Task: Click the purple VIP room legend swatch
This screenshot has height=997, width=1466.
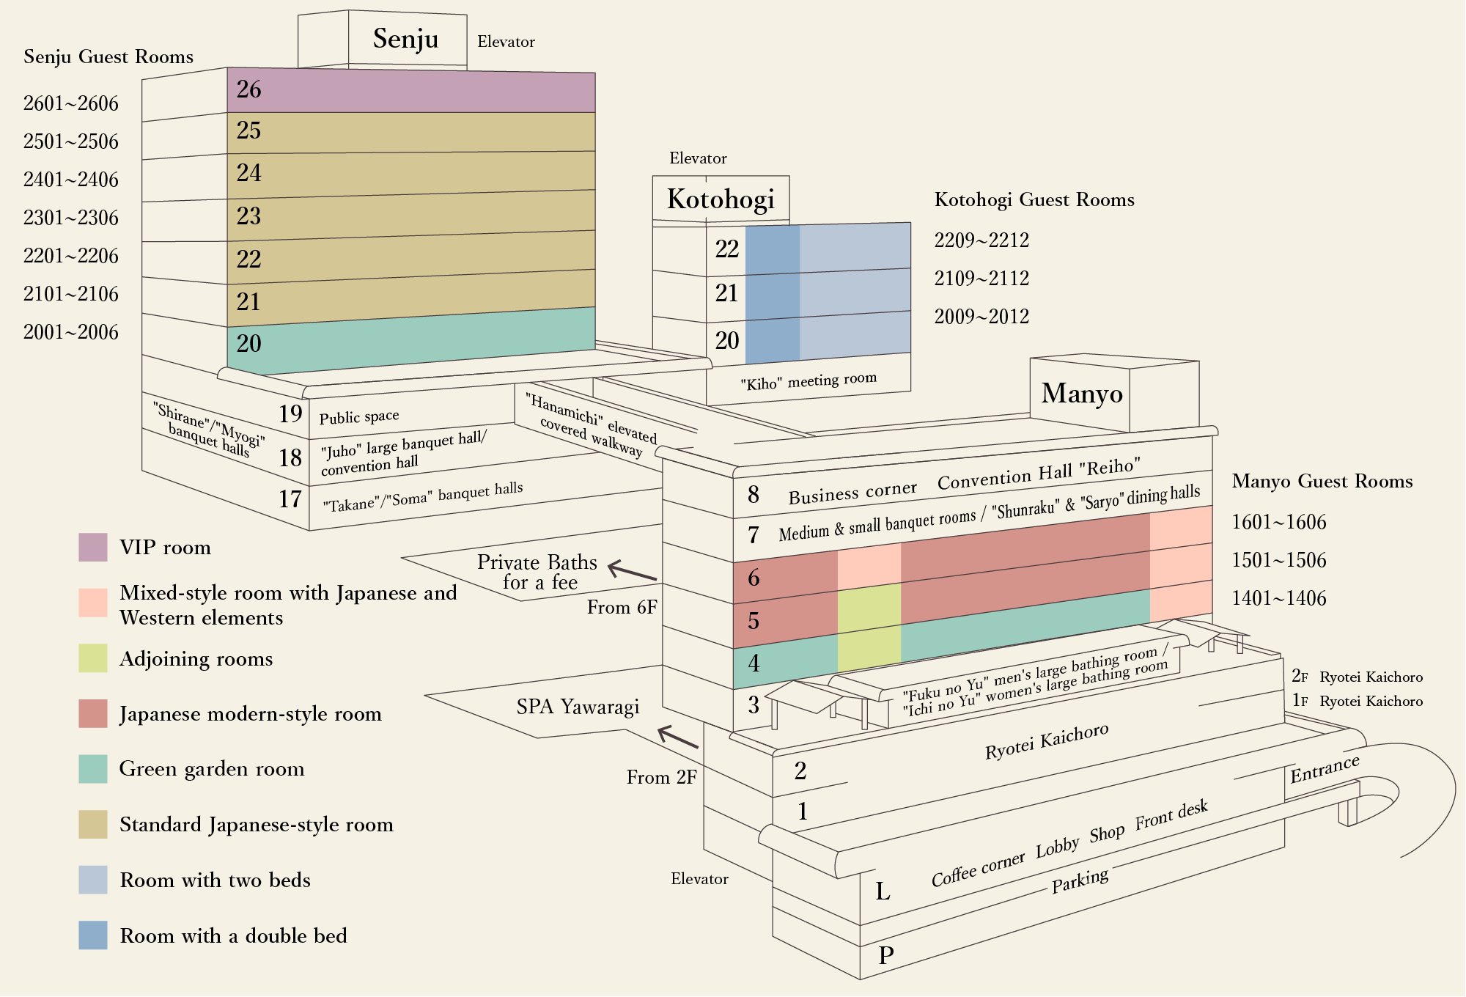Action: (93, 548)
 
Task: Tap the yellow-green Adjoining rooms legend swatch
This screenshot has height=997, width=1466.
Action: (93, 658)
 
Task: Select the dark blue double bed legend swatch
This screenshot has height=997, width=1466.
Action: (93, 935)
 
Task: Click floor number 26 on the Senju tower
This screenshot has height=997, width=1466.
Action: (249, 89)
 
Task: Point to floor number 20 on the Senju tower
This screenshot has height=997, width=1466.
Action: (249, 343)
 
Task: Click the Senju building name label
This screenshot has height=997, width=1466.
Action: (405, 39)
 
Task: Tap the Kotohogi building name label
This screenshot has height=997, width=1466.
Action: (721, 199)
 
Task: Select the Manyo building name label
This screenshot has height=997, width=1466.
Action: (1082, 394)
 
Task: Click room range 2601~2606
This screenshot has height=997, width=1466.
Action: (71, 103)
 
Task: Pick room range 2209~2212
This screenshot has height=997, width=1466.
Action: (981, 240)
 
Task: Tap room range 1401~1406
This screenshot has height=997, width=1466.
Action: (1279, 598)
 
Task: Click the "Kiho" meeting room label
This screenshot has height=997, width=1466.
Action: (808, 381)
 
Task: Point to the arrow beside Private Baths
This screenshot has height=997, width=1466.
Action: (632, 571)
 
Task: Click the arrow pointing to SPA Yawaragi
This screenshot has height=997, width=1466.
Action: (678, 737)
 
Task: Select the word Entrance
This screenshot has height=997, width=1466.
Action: (1325, 768)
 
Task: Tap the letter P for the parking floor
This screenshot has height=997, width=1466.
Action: (886, 955)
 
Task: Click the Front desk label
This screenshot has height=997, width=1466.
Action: (1171, 814)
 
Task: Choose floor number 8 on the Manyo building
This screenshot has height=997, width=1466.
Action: (754, 495)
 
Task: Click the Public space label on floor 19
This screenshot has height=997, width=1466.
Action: (359, 416)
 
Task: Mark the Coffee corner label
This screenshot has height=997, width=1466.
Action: (978, 869)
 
